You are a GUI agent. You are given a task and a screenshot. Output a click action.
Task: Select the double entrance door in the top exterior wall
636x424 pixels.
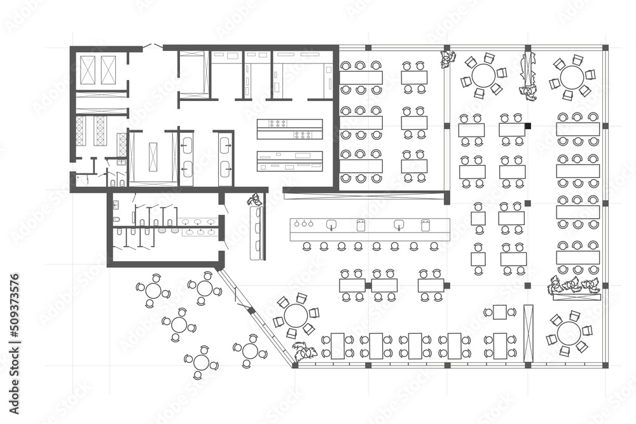pos(151,46)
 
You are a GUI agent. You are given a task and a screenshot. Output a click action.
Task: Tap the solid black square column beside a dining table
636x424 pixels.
pos(527,126)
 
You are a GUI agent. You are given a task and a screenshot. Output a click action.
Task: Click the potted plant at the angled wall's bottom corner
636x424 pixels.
pos(304,351)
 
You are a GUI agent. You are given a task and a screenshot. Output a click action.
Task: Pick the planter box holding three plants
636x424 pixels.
pos(574,287)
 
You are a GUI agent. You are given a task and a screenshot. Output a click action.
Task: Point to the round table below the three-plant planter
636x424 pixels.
pos(569,332)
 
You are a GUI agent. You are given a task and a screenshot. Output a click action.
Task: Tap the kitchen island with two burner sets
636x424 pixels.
pos(289,128)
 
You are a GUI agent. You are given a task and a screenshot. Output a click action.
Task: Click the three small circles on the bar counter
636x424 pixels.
pos(304,224)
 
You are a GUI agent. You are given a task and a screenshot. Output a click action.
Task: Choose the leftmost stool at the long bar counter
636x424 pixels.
pos(307,246)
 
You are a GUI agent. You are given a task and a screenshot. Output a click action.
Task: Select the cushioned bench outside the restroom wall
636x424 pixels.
pos(257,233)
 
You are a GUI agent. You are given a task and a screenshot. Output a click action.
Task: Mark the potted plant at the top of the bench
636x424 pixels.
pos(255,199)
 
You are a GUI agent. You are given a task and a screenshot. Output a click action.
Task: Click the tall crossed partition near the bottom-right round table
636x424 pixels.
pos(528,334)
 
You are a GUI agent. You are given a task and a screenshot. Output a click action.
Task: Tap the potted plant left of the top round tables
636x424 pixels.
pos(448,59)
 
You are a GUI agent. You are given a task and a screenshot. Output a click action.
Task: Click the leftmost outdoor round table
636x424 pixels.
pos(153,291)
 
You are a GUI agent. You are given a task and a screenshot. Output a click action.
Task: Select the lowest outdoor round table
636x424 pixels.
pos(202,362)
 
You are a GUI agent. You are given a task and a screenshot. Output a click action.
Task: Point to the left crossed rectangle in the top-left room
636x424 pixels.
pos(88,70)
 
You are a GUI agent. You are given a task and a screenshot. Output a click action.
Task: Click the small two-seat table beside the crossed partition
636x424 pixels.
pos(500,312)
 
